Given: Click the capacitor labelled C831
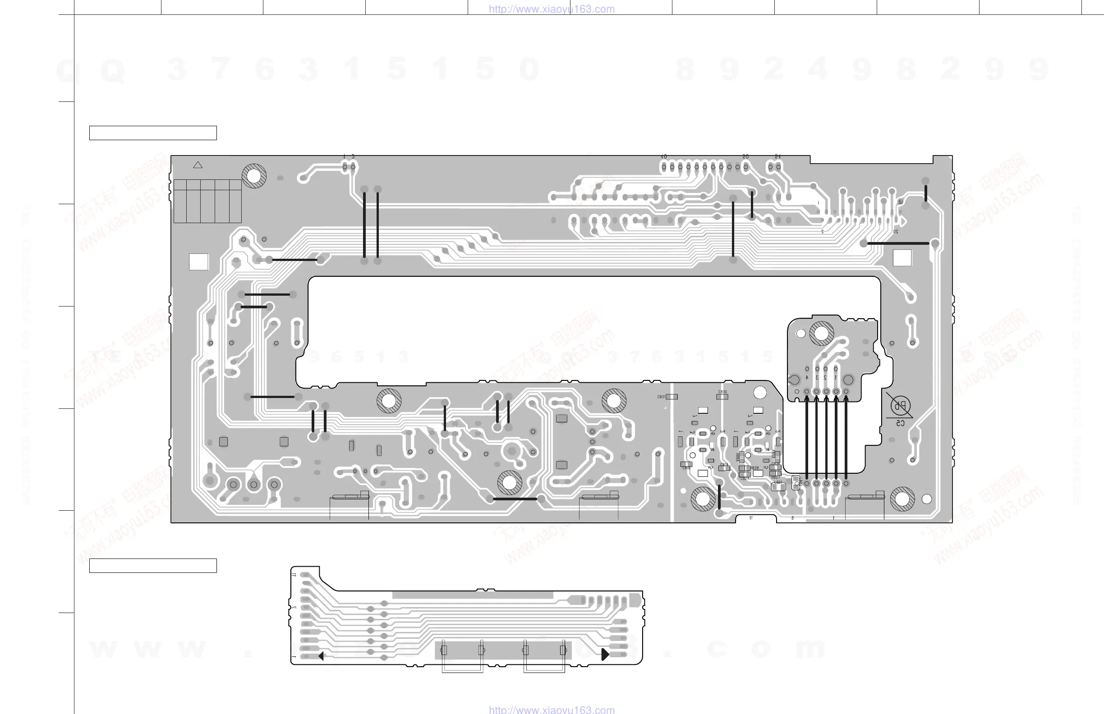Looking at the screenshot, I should pos(671,397).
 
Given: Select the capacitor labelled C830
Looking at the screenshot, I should pos(722,397).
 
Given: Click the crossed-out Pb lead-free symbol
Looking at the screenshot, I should pos(900,406).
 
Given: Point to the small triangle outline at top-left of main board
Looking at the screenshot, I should pos(198,165).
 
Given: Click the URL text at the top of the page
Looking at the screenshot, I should pos(552,9).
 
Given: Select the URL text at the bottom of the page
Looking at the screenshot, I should pos(552,709).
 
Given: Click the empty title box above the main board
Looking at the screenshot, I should pos(153,133).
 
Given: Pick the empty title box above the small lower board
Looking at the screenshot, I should pos(153,566).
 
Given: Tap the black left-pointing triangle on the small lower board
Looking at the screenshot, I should pos(321,655).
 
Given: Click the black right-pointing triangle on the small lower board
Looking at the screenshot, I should pos(604,654).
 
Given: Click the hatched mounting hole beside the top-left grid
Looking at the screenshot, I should pos(254,176).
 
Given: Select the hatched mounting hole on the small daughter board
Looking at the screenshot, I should pos(822,333).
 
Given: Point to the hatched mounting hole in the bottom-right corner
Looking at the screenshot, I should pos(902,499).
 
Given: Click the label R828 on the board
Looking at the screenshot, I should pos(754,468).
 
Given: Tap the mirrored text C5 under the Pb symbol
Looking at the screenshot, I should pos(900,423).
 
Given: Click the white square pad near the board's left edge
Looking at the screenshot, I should pos(198,261).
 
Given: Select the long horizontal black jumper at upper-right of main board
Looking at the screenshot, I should pos(898,243).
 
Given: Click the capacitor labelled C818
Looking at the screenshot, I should pos(686,465).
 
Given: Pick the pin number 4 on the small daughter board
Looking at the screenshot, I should pos(807,377).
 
